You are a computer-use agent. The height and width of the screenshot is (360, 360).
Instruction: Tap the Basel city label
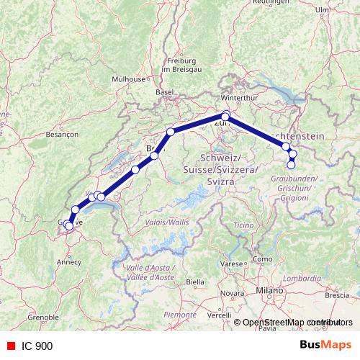tap(166, 92)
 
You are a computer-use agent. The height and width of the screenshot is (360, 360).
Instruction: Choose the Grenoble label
tap(42, 316)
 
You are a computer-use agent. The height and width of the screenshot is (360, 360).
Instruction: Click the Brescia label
tap(337, 295)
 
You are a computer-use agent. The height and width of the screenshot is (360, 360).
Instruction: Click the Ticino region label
tap(243, 226)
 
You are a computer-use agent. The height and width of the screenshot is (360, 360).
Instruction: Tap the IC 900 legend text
tap(36, 346)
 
